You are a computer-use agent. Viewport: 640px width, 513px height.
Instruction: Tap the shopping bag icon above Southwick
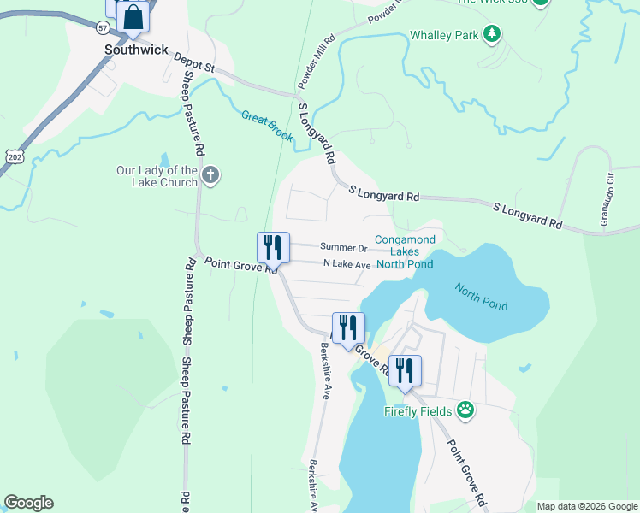[133, 16]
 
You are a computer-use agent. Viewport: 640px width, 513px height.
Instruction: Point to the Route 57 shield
[103, 27]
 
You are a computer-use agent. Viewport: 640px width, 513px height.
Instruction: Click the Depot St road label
[193, 62]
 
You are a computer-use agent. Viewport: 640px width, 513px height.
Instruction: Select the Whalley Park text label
[444, 35]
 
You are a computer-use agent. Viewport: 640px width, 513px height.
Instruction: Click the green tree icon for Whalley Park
[492, 34]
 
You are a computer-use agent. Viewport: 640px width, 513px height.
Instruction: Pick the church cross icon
[211, 176]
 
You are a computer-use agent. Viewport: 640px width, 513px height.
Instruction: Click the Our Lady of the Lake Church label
[157, 176]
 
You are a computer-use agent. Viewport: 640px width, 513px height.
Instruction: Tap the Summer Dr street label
[344, 248]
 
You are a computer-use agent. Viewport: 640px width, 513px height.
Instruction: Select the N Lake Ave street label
[347, 265]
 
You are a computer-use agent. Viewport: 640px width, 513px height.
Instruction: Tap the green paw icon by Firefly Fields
[465, 410]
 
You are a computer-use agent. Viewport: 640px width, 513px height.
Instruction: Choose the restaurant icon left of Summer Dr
[274, 248]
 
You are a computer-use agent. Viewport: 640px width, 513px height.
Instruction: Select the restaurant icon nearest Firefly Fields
[406, 370]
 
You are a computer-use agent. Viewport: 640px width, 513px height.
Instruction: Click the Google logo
[28, 503]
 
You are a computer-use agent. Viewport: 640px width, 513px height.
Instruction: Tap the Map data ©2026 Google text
[586, 506]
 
